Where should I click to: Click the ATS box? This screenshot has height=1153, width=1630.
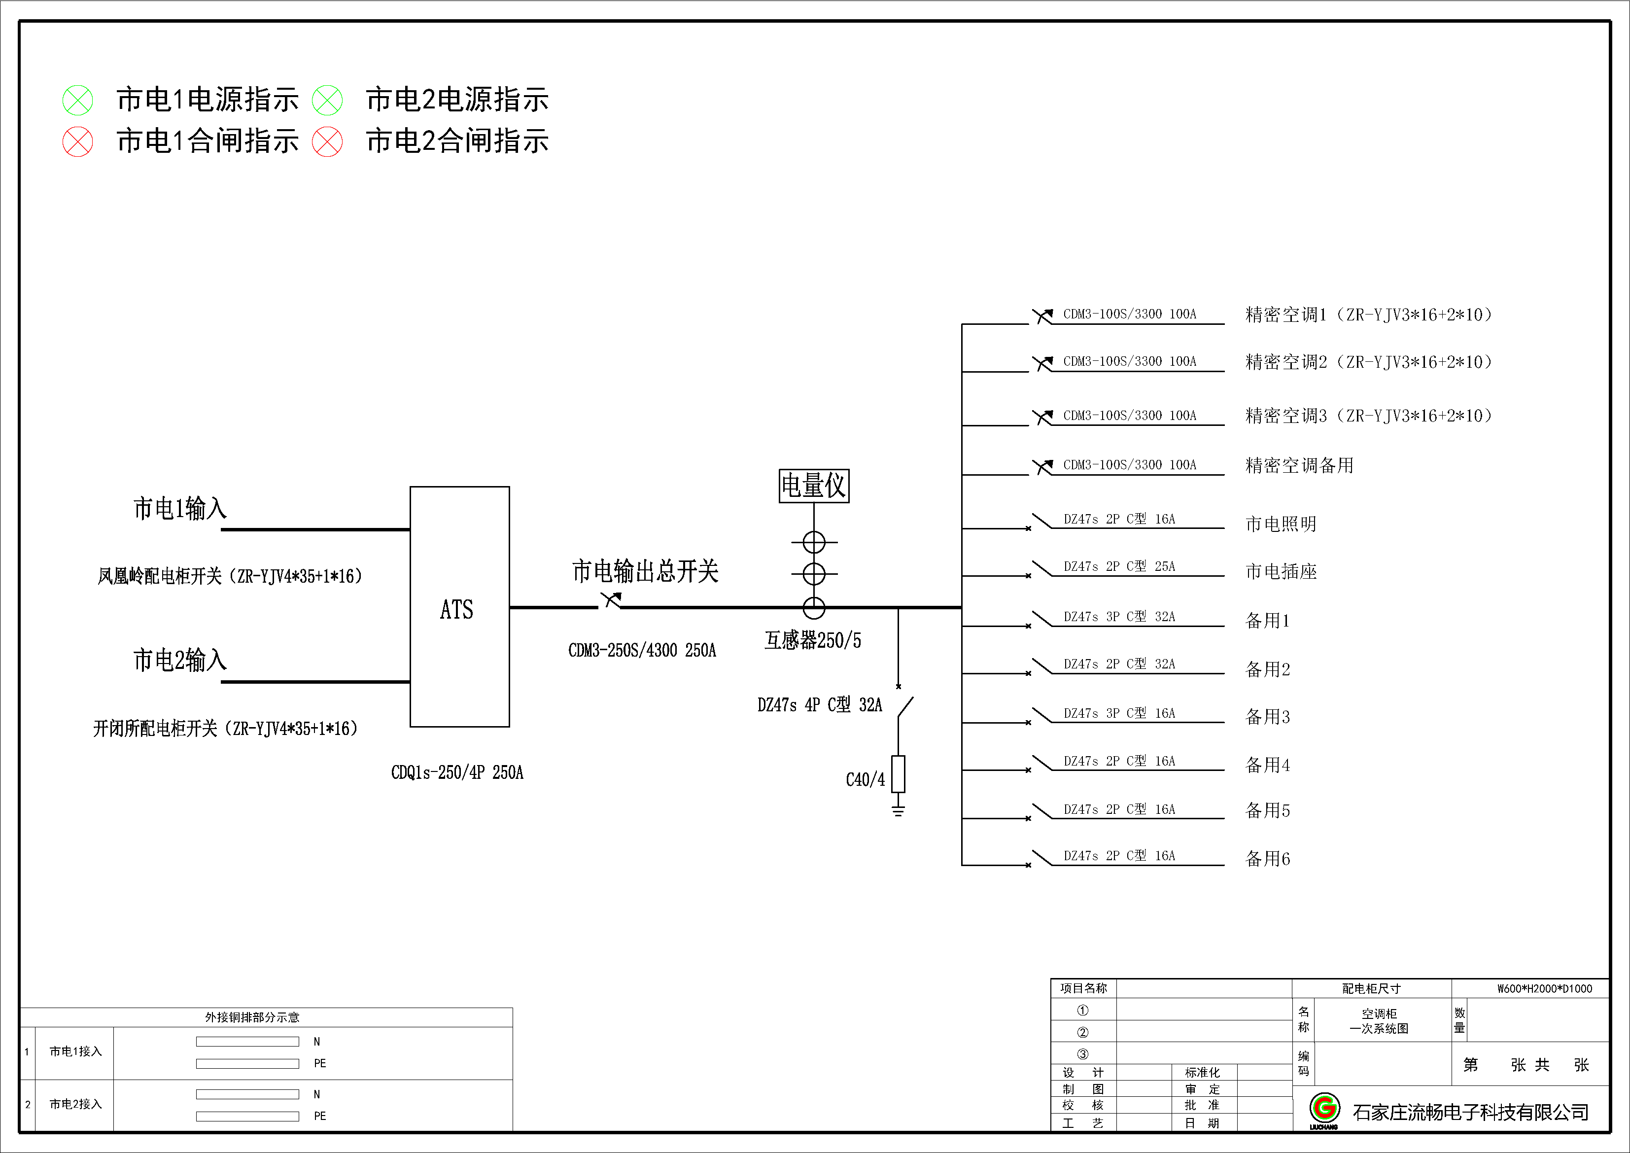click(459, 607)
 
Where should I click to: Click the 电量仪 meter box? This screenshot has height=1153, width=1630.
click(814, 486)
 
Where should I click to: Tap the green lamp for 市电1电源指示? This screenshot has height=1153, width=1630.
click(77, 100)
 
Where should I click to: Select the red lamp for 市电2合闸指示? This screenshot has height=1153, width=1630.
click(327, 141)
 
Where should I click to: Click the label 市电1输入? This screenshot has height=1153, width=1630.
click(179, 508)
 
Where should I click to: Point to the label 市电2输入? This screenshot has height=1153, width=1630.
click(179, 660)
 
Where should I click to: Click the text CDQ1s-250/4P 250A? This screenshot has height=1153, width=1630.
click(457, 772)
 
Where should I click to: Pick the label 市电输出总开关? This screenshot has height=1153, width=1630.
click(645, 571)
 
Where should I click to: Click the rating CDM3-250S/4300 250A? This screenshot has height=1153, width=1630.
click(642, 650)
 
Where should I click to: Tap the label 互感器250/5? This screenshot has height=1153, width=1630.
click(812, 640)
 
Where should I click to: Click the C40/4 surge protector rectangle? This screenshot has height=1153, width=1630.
click(898, 774)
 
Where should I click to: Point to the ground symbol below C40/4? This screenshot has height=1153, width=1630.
click(898, 810)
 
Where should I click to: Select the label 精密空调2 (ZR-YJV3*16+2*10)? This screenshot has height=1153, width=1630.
click(1368, 362)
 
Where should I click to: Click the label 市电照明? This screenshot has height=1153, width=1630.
click(1281, 524)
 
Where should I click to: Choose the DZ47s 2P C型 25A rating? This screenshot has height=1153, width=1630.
click(1119, 566)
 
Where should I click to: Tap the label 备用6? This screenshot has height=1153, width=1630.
click(1267, 859)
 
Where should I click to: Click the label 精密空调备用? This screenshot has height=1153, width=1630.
click(1299, 465)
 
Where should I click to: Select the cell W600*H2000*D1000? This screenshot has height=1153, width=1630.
click(1544, 988)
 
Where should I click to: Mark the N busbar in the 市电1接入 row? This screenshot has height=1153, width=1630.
click(247, 1042)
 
